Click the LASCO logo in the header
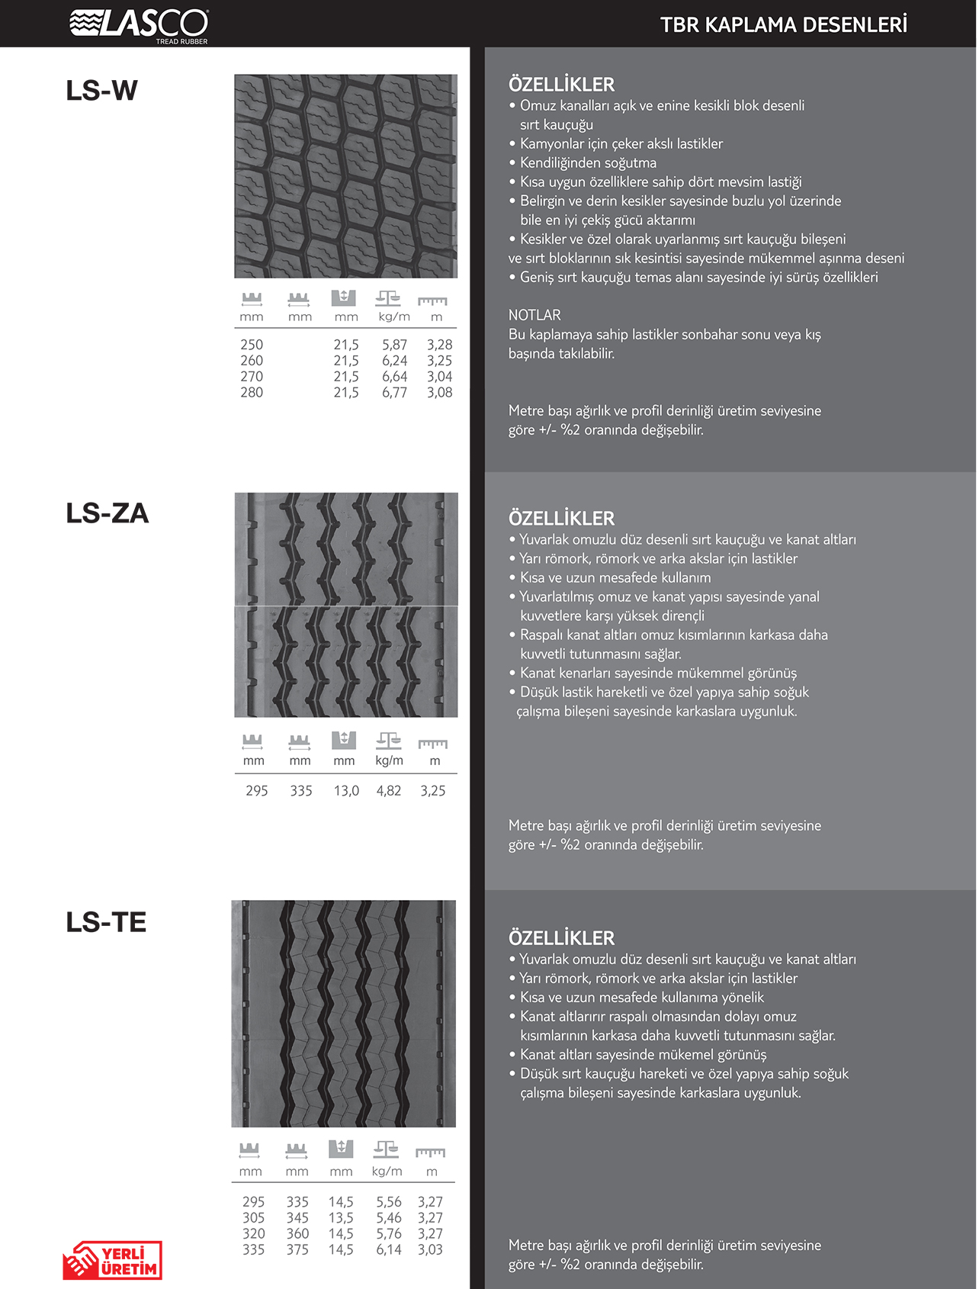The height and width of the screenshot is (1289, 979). [x=139, y=24]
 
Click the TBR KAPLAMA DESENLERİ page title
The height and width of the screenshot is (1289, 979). [x=783, y=25]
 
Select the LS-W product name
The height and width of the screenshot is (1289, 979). [x=101, y=91]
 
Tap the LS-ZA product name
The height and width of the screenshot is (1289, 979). [x=107, y=513]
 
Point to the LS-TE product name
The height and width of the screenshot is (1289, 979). [x=106, y=922]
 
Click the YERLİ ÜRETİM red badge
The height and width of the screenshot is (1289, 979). [x=113, y=1260]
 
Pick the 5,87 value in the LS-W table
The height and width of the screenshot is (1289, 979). [x=394, y=345]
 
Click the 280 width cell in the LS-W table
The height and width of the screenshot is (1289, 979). [x=252, y=393]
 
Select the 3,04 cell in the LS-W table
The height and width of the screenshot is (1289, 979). [x=439, y=377]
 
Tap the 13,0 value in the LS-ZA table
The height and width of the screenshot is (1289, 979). [x=346, y=791]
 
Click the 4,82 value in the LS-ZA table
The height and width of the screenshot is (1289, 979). [x=389, y=791]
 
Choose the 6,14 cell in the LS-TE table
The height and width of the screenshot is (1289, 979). [x=388, y=1249]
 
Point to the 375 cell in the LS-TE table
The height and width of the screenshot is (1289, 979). [x=297, y=1249]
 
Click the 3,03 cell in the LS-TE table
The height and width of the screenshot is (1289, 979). [x=430, y=1249]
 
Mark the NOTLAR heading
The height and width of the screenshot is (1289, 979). [x=534, y=315]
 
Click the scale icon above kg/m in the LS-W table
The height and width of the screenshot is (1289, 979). [x=388, y=297]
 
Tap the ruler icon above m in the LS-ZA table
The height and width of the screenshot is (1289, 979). [x=432, y=744]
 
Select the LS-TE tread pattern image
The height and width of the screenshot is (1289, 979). [x=344, y=1014]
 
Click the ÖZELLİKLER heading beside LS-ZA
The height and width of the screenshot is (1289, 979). [x=561, y=519]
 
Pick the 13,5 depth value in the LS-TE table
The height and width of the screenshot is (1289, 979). [x=341, y=1218]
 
